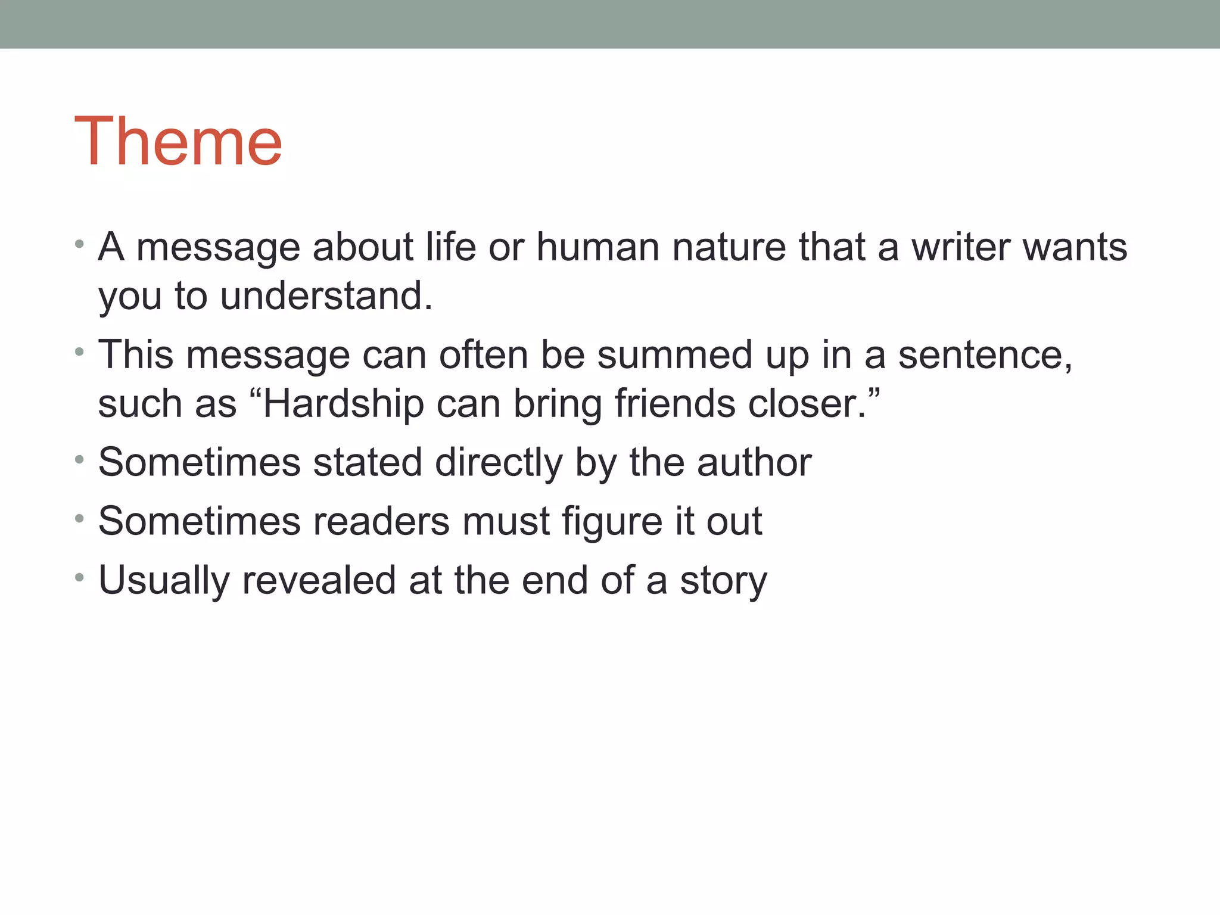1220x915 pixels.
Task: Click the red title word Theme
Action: tap(178, 141)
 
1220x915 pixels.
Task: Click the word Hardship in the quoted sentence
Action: tap(344, 404)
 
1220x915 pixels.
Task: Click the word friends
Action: tap(675, 404)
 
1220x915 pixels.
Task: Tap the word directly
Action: tap(499, 462)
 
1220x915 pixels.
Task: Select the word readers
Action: tap(381, 521)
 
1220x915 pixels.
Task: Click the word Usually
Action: tap(164, 581)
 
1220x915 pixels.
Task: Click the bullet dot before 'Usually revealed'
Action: tap(79, 577)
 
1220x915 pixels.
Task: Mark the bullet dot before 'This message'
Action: tap(79, 352)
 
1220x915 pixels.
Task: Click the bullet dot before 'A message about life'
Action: tap(79, 244)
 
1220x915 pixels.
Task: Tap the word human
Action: tap(598, 247)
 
